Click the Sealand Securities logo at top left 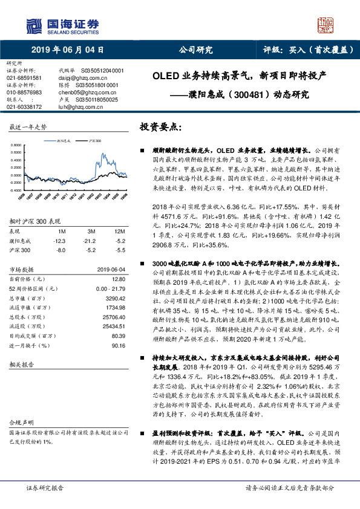[x=60, y=25]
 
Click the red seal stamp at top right [x=326, y=25]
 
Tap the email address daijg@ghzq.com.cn [x=77, y=78]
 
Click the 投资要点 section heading [x=160, y=128]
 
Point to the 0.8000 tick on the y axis [x=16, y=146]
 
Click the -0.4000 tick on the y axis [x=16, y=190]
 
